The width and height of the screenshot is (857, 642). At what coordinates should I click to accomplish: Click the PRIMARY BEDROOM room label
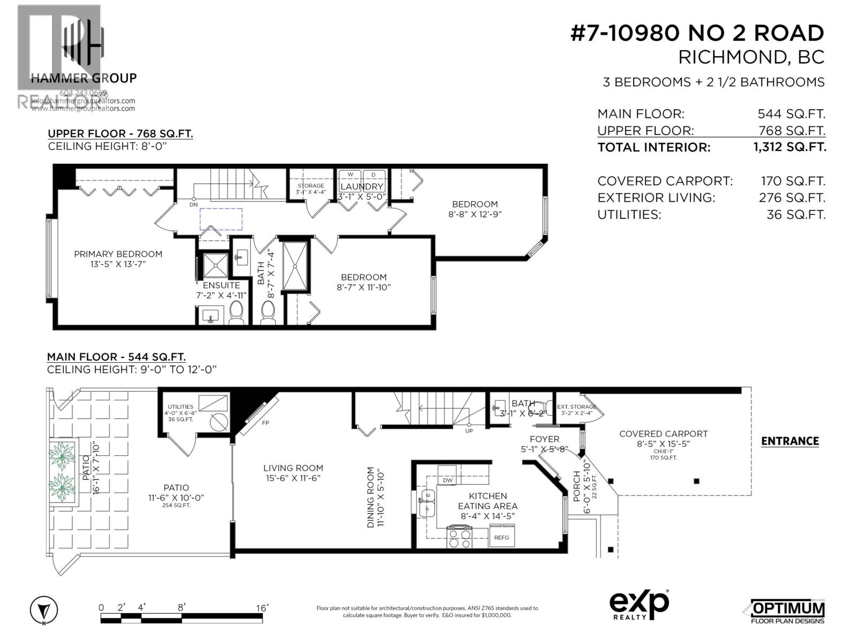(x=118, y=254)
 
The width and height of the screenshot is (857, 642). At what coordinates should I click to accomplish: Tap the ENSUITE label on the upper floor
(x=221, y=285)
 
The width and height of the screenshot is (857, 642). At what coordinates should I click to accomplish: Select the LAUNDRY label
(x=362, y=187)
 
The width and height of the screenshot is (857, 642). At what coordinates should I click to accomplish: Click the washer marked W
(x=350, y=175)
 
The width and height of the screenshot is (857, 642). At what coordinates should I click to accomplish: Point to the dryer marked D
(x=374, y=175)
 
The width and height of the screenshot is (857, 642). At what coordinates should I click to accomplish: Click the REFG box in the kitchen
(x=501, y=537)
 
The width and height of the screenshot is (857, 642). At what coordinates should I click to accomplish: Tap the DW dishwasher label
(x=448, y=480)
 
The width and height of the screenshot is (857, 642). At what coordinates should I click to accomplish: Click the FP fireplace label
(x=265, y=423)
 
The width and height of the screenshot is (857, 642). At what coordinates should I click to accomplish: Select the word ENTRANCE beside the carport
(x=790, y=441)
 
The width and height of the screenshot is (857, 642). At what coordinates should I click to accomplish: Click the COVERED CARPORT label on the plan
(x=663, y=434)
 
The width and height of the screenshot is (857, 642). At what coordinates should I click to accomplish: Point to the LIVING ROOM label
(x=293, y=468)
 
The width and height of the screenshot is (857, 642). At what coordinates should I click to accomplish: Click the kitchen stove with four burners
(x=460, y=537)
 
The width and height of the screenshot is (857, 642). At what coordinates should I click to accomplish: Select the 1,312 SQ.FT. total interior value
(x=790, y=147)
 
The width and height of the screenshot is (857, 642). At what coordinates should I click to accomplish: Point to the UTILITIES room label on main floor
(x=180, y=407)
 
